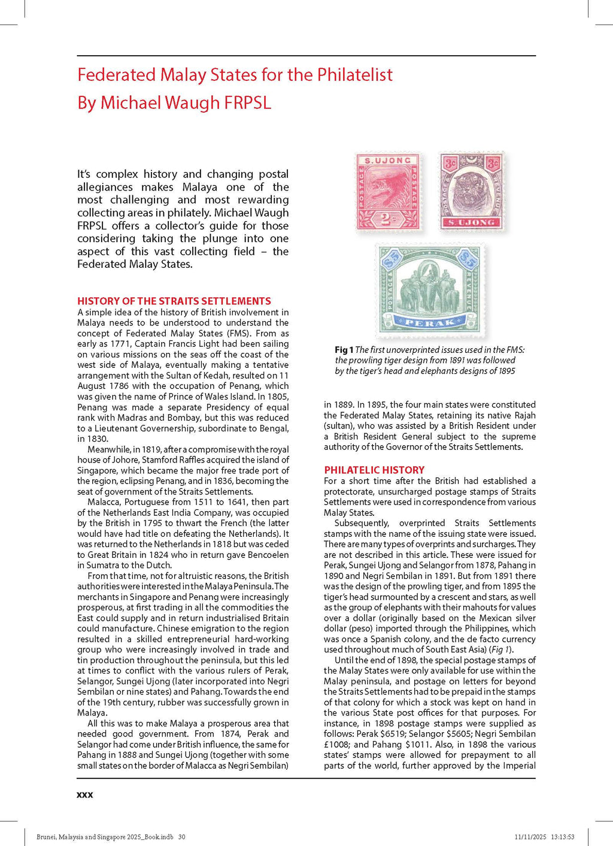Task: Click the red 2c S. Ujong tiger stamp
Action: click(x=388, y=192)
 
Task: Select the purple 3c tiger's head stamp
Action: click(x=471, y=192)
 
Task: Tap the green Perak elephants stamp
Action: click(x=429, y=290)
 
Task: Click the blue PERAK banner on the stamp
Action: click(x=429, y=322)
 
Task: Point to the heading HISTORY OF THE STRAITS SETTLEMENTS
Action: click(x=174, y=301)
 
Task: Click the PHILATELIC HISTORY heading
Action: click(x=374, y=470)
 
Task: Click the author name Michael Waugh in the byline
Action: click(x=160, y=102)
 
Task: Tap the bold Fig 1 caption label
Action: click(x=344, y=350)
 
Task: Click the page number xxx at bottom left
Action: click(x=85, y=794)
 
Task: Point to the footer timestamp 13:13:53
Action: click(x=563, y=837)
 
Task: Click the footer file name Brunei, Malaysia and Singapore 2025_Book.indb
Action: click(x=105, y=837)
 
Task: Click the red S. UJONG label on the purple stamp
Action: click(x=471, y=222)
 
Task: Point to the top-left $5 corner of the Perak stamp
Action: click(x=392, y=258)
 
